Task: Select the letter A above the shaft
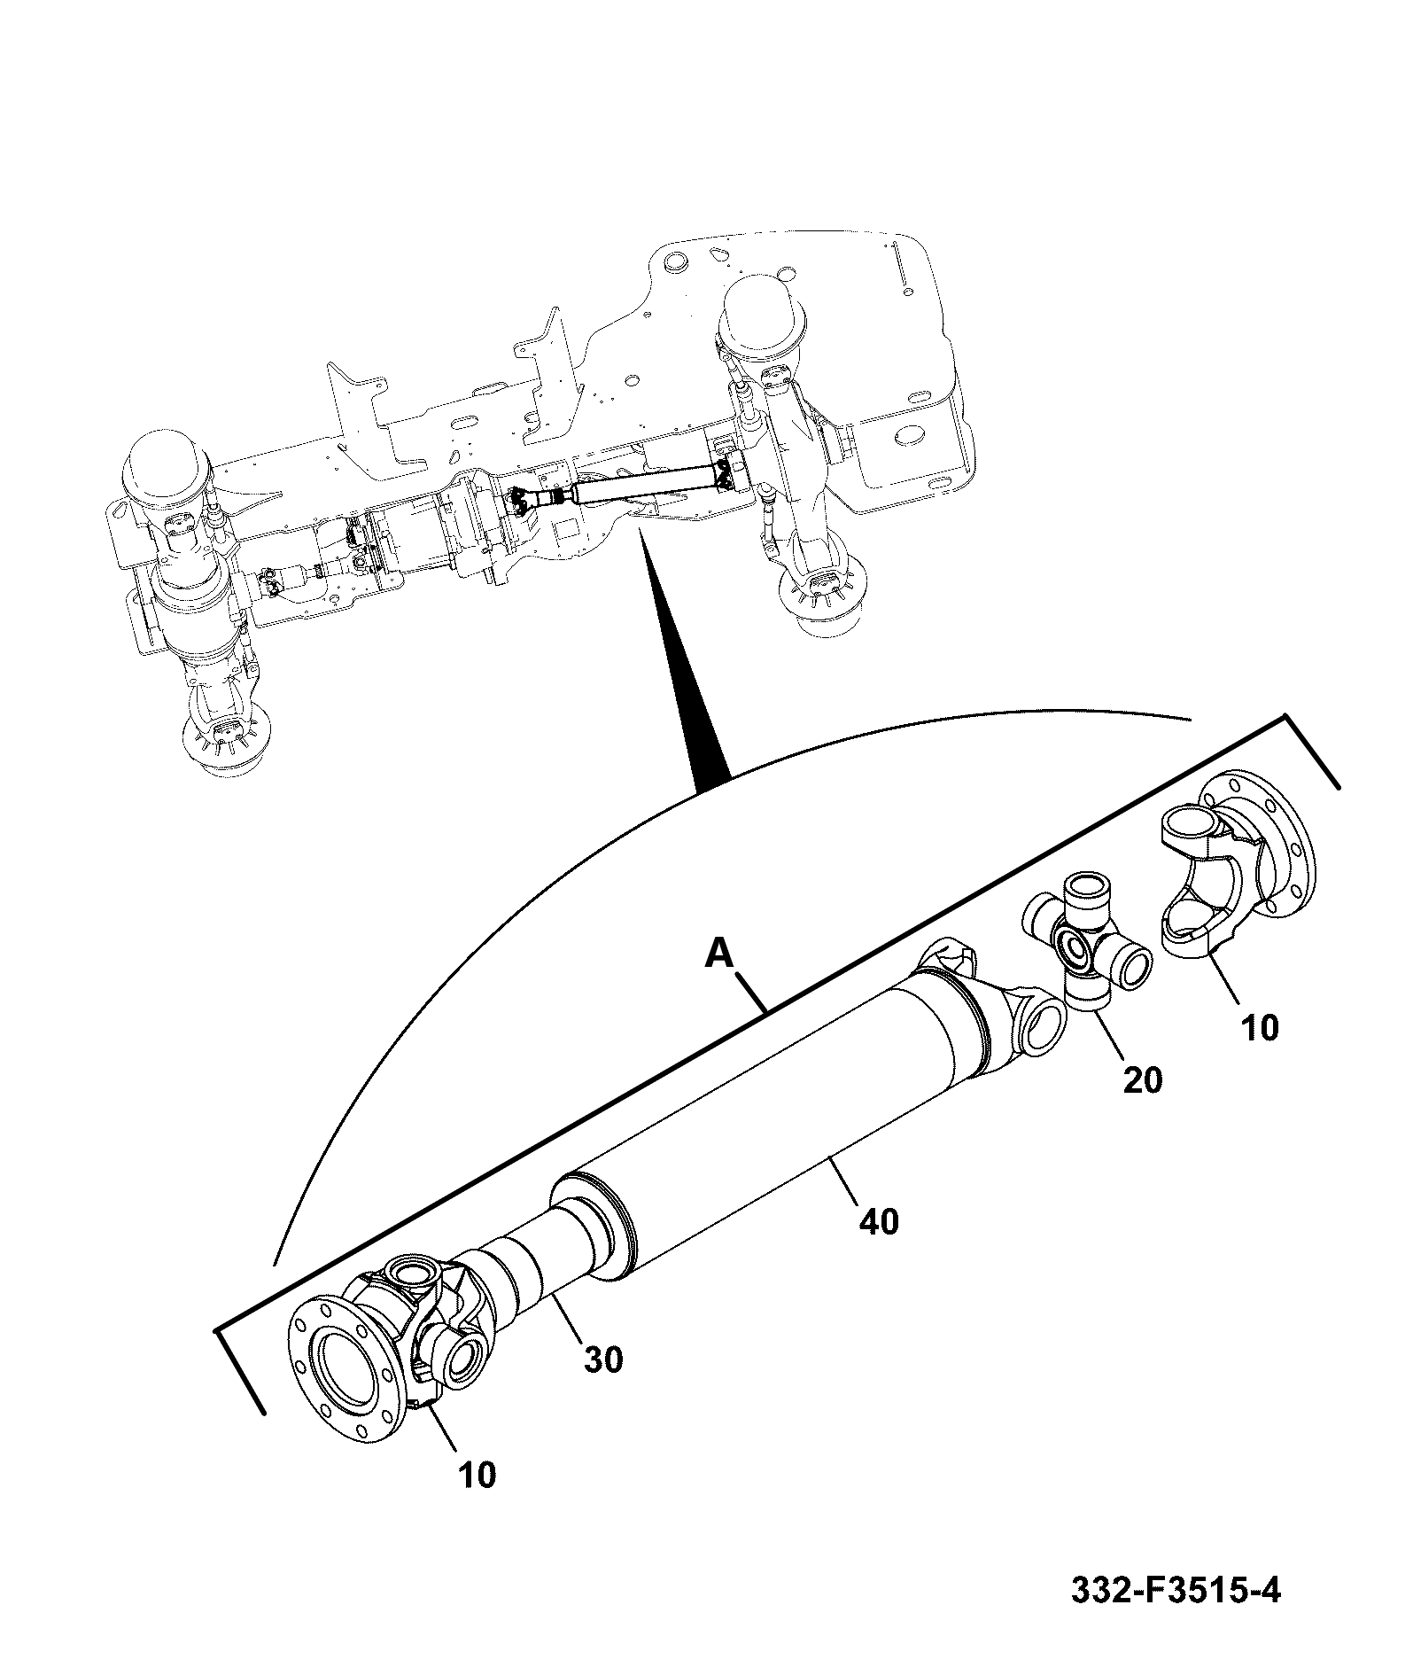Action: (x=720, y=954)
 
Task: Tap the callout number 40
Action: (x=878, y=1222)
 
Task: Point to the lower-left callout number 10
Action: (x=477, y=1475)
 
